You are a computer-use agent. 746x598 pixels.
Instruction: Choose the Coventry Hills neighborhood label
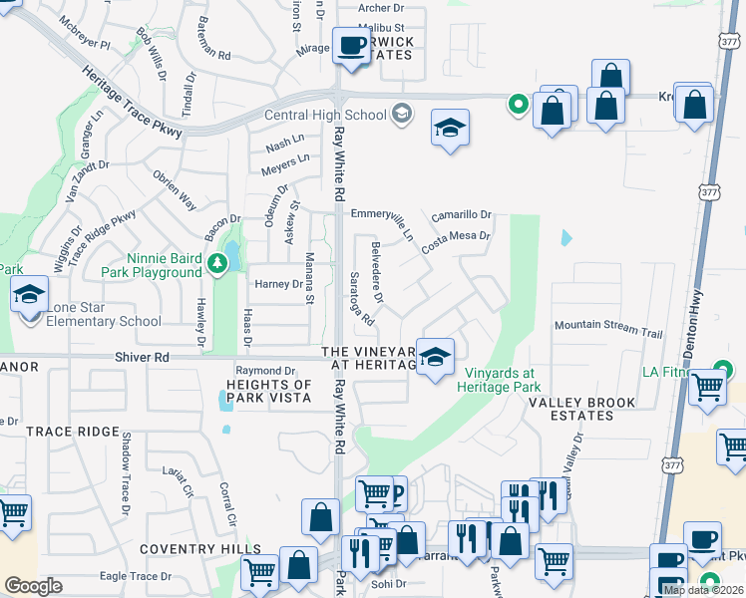[186, 549]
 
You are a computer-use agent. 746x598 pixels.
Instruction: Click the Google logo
[33, 586]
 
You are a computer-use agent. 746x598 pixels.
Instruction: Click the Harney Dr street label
[278, 284]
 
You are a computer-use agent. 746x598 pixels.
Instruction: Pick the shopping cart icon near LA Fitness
[707, 386]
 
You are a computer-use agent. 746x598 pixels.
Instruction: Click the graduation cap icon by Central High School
[451, 128]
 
